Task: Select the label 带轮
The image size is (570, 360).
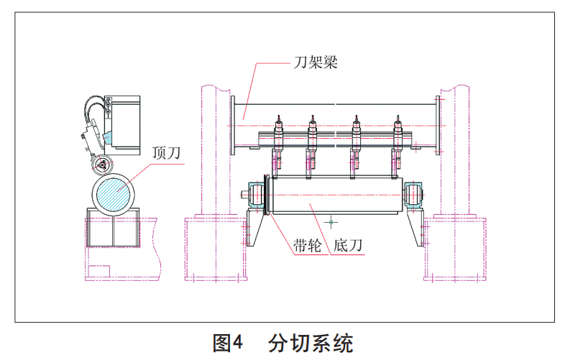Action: [307, 246]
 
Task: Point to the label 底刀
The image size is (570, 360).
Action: [347, 246]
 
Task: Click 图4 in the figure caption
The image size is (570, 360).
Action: [229, 343]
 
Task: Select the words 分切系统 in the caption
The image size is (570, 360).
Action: [312, 343]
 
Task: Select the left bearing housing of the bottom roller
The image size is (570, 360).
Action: [255, 195]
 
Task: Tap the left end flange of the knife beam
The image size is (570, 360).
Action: [233, 126]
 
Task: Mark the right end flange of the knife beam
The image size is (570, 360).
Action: [439, 126]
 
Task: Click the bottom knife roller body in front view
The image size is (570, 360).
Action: [334, 195]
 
